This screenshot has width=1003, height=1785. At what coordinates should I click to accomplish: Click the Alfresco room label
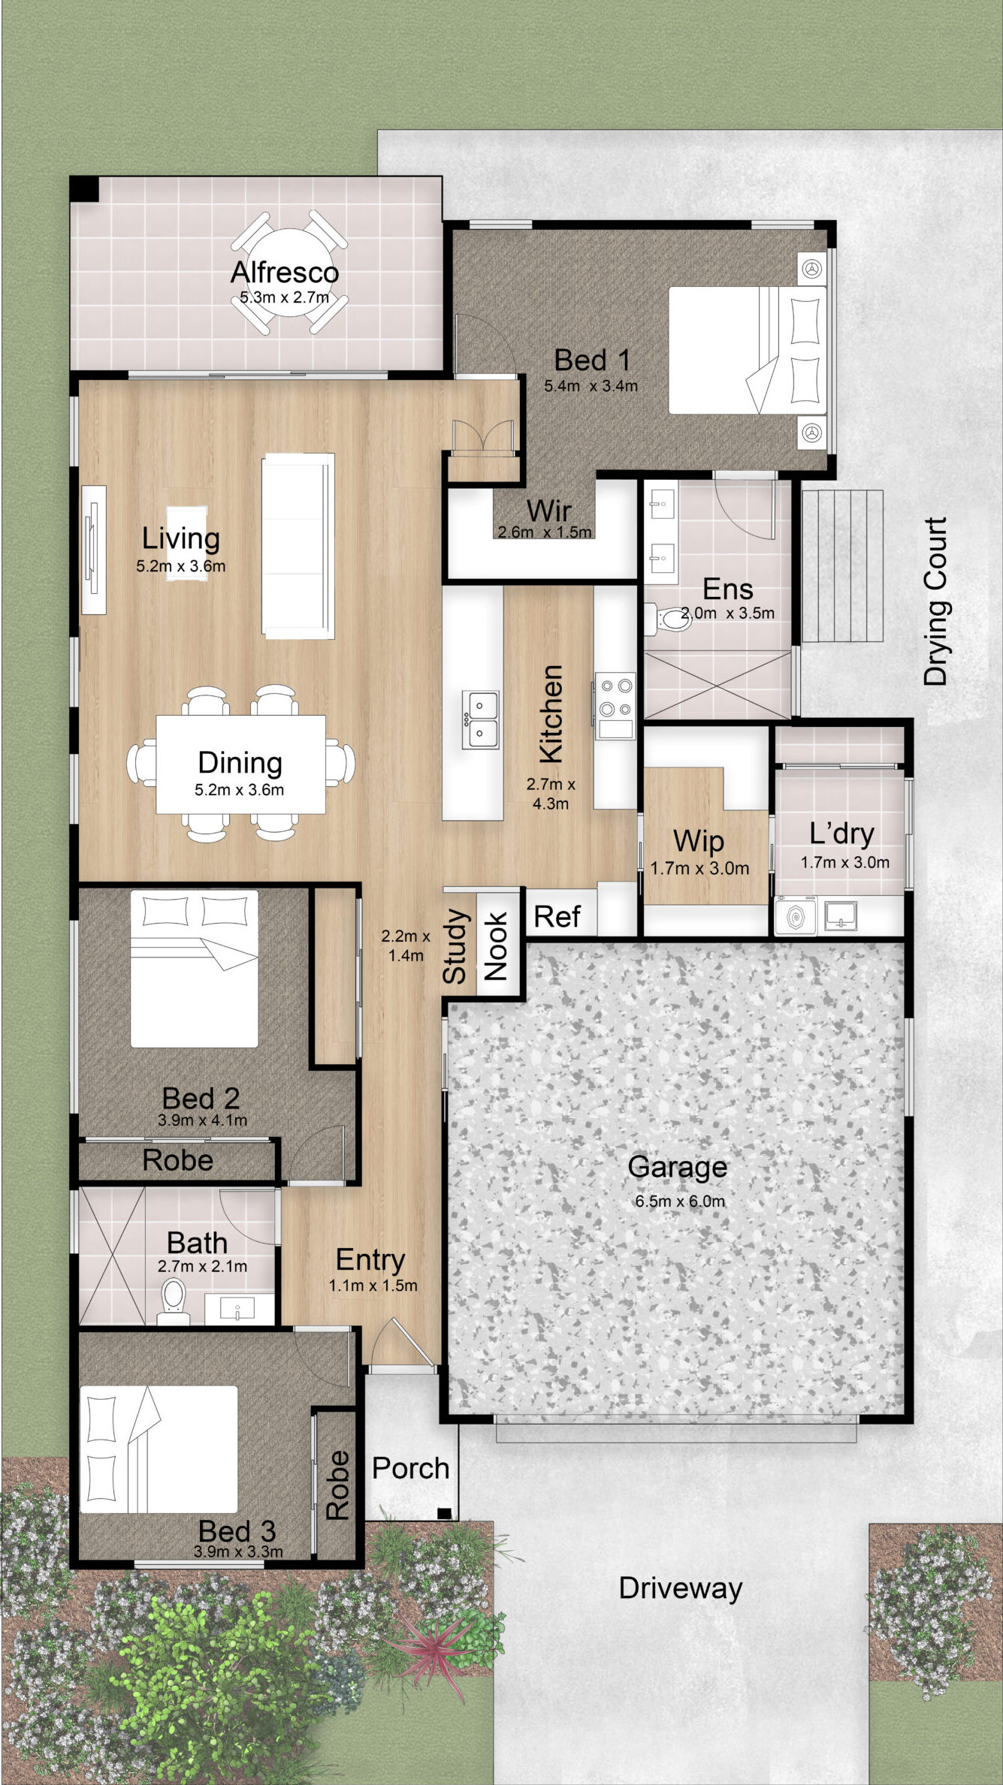[x=284, y=272]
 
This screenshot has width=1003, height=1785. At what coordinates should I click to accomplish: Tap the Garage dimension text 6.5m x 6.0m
[x=680, y=1201]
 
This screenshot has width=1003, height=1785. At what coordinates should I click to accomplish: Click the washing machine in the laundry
[x=795, y=916]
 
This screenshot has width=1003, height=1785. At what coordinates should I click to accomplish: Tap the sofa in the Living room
[x=298, y=546]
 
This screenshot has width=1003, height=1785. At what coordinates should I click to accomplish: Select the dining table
[x=240, y=764]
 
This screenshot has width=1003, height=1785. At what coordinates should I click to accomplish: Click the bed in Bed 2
[x=195, y=969]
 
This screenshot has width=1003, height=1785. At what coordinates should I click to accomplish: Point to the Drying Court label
[x=935, y=601]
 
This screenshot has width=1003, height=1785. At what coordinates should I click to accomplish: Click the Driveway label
[x=680, y=1588]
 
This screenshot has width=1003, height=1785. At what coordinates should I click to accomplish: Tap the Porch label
[x=410, y=1467]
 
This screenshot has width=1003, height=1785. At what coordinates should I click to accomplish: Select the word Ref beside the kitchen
[x=557, y=916]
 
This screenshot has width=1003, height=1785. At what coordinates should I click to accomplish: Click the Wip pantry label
[x=698, y=841]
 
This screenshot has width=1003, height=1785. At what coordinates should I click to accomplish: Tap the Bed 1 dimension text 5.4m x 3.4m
[x=591, y=386]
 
